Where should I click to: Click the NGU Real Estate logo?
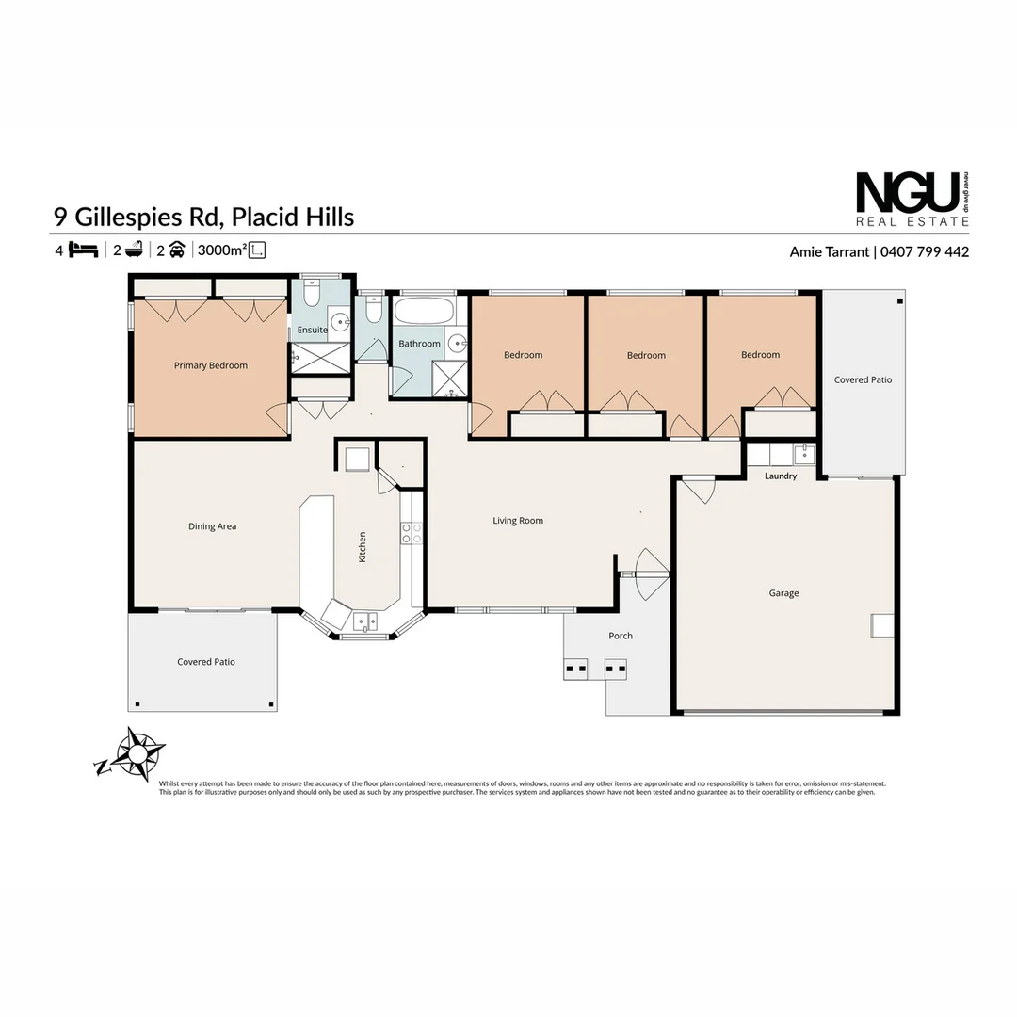coord(912,199)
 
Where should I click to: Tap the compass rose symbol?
coord(137,753)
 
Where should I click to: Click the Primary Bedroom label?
coord(211,365)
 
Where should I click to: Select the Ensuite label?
coord(312,331)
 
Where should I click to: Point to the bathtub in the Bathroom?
coord(423,312)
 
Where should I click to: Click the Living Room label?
coord(518,521)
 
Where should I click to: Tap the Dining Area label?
coord(213,527)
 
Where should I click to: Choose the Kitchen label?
coord(363,547)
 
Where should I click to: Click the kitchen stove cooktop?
coord(412,533)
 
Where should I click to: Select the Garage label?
coord(783,593)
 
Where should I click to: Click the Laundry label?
coord(781,476)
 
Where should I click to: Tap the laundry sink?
coord(803,455)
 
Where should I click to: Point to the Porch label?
coord(621,637)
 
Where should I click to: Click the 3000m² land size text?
coord(222,250)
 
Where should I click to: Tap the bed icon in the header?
coord(84,250)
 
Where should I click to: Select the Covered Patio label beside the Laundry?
coord(863,380)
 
